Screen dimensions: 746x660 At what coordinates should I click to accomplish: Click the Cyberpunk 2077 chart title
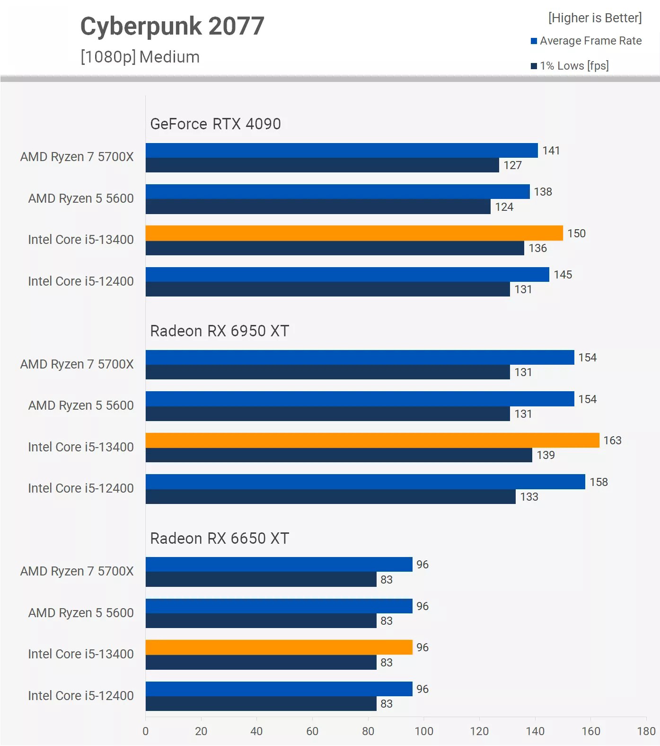pos(172,27)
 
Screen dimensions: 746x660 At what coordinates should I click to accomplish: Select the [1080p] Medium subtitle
pos(140,57)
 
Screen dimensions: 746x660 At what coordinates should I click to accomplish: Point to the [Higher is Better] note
pos(595,18)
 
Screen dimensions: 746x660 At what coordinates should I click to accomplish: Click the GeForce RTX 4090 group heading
pos(215,124)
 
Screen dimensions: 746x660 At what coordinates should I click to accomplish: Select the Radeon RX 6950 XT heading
pos(220,331)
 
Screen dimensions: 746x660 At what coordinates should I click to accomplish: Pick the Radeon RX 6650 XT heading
pos(220,539)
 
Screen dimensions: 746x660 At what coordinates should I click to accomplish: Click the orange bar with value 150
pos(354,233)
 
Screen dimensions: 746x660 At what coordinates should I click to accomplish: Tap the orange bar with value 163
pos(372,440)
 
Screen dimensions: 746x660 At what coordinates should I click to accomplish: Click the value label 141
pos(551,151)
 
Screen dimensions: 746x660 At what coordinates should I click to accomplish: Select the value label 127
pos(512,165)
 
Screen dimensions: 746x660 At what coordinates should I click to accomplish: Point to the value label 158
pos(598,482)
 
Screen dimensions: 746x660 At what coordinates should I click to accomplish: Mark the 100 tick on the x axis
pos(424,731)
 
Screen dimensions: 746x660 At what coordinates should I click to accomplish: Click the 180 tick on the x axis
pos(646,731)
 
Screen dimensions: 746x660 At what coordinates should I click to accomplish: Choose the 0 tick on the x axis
pos(146,731)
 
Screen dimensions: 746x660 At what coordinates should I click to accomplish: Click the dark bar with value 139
pos(339,455)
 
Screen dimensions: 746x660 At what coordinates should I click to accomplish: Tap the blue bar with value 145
pos(347,274)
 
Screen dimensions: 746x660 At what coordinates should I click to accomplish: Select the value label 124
pos(504,207)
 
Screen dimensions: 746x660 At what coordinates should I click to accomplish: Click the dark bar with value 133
pos(330,497)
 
